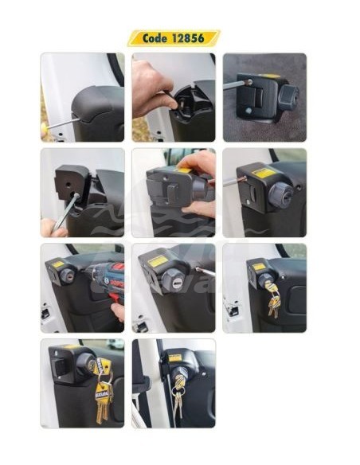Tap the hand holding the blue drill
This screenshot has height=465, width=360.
click(x=118, y=310)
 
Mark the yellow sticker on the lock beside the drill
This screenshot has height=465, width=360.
click(x=57, y=264)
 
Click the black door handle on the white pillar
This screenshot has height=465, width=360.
click(x=141, y=384)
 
